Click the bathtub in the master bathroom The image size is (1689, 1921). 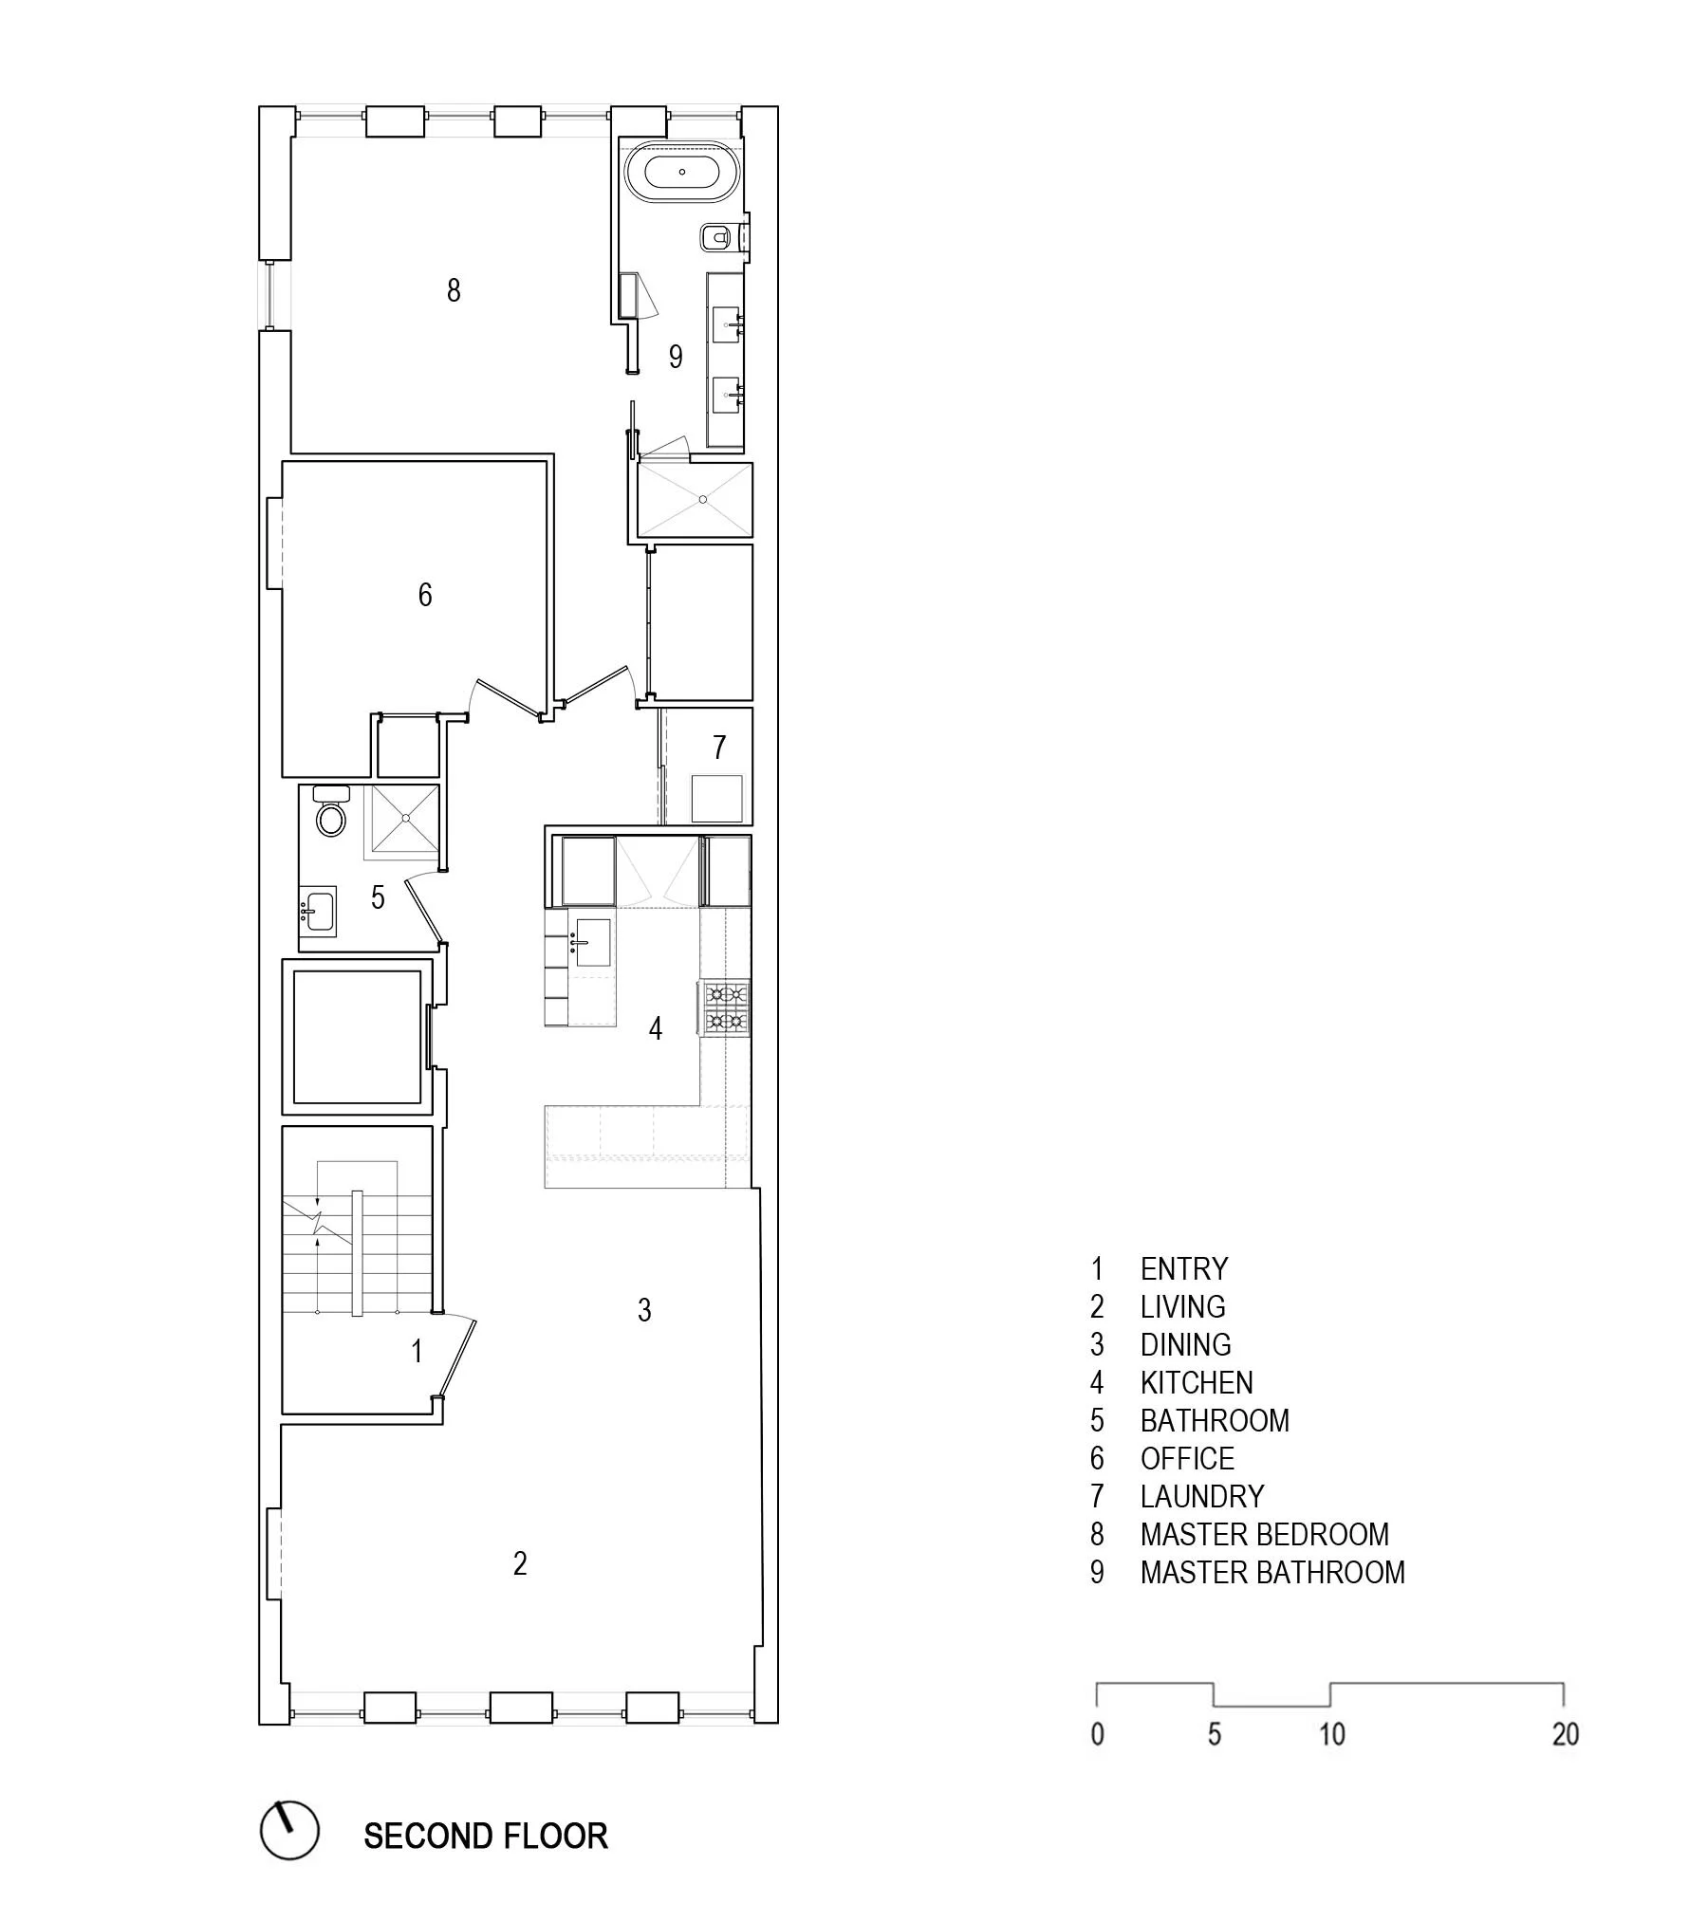(681, 173)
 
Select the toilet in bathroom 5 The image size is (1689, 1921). (331, 817)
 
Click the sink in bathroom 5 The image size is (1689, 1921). (319, 912)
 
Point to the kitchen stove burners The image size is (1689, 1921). (726, 1007)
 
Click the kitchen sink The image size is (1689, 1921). (591, 942)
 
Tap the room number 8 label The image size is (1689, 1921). (454, 289)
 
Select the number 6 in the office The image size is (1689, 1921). (425, 595)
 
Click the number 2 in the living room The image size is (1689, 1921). (520, 1563)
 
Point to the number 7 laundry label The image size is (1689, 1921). (719, 747)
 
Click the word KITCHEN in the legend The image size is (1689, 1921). (1197, 1382)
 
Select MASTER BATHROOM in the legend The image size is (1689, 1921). (1271, 1572)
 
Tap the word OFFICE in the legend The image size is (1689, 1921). (1187, 1458)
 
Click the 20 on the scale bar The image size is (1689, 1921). (1565, 1734)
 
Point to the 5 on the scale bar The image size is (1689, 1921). (1215, 1734)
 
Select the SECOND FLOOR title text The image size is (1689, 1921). (485, 1836)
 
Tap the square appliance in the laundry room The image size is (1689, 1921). (716, 798)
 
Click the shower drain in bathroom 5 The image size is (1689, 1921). (405, 817)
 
